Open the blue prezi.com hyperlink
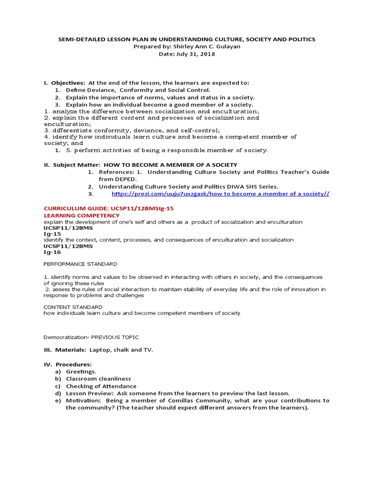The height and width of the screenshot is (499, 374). pyautogui.click(x=220, y=193)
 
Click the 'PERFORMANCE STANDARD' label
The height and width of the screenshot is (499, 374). pyautogui.click(x=80, y=264)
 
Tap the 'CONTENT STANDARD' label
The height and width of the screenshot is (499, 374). pyautogui.click(x=73, y=307)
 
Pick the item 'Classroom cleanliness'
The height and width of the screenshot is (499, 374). pyautogui.click(x=98, y=379)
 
